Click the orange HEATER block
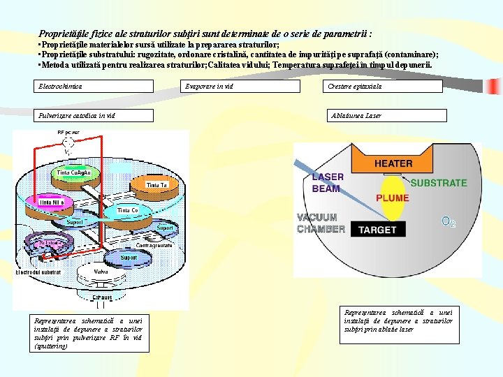click(393, 163)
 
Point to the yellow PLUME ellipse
click(393, 198)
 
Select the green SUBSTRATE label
click(438, 183)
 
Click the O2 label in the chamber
click(449, 222)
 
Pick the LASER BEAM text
click(327, 182)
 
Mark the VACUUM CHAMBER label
click(321, 223)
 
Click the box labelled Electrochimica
click(94, 86)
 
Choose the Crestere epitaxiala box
click(382, 86)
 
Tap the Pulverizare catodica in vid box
click(94, 115)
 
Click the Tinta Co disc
click(126, 209)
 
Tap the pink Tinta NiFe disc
click(52, 202)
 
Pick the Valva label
click(101, 272)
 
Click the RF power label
click(67, 132)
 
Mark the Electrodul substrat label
click(38, 272)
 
